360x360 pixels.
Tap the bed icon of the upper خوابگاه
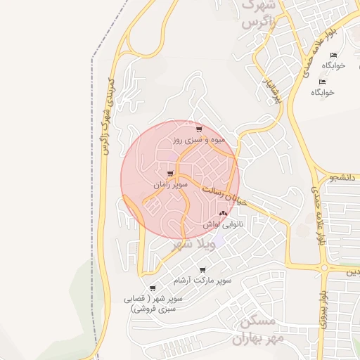tap(333, 56)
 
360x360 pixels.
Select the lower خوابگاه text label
tap(323, 92)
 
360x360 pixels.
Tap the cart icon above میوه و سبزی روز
tap(200, 129)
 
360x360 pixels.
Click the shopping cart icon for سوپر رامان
tap(170, 174)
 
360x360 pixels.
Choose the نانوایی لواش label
tap(224, 224)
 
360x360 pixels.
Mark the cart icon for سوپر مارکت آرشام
tap(203, 270)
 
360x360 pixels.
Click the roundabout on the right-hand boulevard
tap(324, 267)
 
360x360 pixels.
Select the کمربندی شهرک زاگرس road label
tap(106, 116)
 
